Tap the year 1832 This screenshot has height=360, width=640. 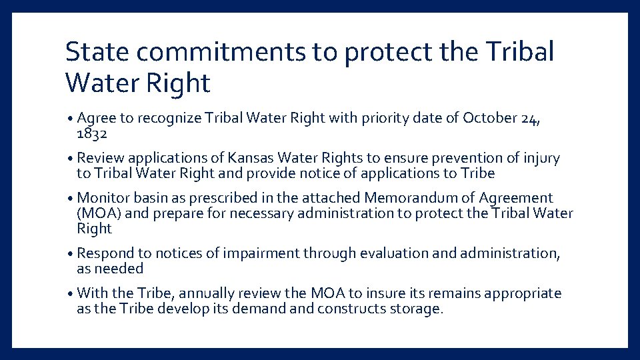coord(91,133)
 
